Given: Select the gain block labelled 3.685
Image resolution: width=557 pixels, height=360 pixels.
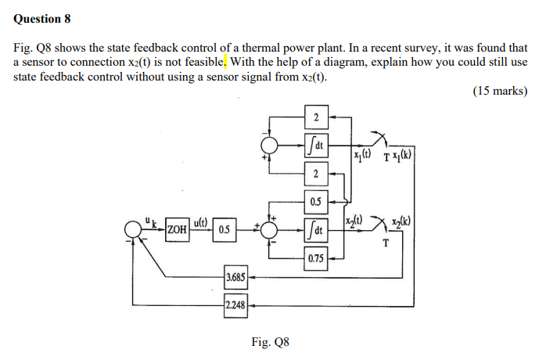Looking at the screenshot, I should point(235,277).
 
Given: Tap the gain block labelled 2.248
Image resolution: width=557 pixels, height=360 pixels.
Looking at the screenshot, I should point(235,306).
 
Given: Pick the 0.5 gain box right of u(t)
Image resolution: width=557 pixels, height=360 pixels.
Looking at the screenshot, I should point(224,230).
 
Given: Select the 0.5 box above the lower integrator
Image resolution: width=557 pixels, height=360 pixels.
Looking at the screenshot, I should point(315,202).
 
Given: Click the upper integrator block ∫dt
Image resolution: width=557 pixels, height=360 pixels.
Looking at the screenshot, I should point(316,146).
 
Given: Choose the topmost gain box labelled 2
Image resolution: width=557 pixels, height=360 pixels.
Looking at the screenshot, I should point(316,118).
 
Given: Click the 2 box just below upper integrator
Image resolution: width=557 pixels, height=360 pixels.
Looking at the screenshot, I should point(316,174).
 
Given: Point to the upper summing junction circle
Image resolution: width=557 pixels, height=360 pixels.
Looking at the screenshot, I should point(271,146).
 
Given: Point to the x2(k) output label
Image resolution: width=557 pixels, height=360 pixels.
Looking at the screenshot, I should point(405,221).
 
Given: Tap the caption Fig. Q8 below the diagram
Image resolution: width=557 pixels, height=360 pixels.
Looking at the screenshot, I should point(270,342).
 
